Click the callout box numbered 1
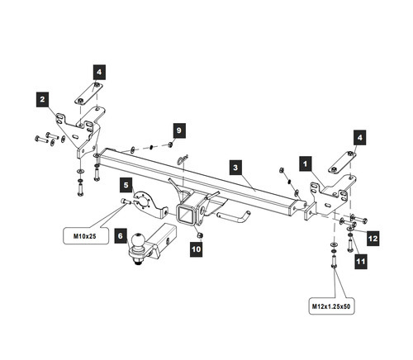(x=306, y=164)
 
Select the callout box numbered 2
(x=41, y=100)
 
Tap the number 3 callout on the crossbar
(x=235, y=168)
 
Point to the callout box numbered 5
(x=126, y=184)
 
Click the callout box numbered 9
(x=178, y=131)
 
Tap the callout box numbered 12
(x=373, y=238)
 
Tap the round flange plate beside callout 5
(x=145, y=201)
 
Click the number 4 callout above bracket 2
(x=98, y=73)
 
